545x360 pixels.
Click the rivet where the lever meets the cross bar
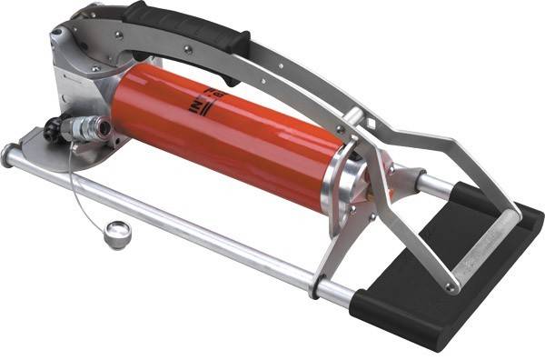click(451, 285)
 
